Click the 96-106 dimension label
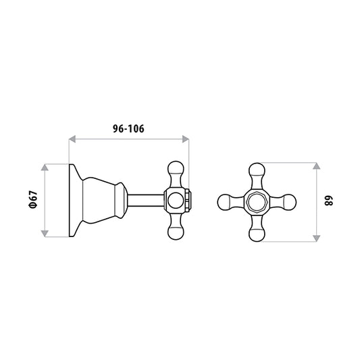pyautogui.click(x=128, y=128)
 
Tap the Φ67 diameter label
pyautogui.click(x=33, y=199)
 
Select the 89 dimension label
pyautogui.click(x=328, y=201)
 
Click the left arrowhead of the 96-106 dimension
pyautogui.click(x=72, y=139)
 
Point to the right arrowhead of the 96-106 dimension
pyautogui.click(x=186, y=139)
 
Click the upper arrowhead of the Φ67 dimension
pyautogui.click(x=45, y=168)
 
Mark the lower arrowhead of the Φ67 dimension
pyautogui.click(x=45, y=234)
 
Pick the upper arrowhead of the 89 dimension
pyautogui.click(x=317, y=166)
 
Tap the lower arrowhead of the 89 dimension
pyautogui.click(x=317, y=238)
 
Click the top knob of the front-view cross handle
pyautogui.click(x=257, y=171)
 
